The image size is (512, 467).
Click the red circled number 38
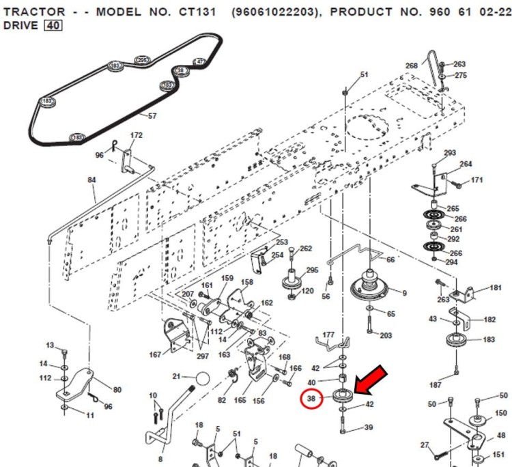coord(312,397)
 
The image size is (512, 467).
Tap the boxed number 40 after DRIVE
coord(52,26)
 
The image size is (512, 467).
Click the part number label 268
coord(411,66)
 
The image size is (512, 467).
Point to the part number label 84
coord(91,180)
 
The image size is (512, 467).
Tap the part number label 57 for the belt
coord(152,116)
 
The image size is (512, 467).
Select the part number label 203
coord(386,335)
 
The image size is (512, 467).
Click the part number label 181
coord(496,288)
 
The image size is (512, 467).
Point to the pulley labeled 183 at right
coord(455,341)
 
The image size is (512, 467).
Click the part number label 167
coord(155,354)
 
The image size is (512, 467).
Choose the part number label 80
coord(117,390)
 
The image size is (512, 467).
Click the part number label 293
coord(450,152)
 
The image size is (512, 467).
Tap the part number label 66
coord(390,260)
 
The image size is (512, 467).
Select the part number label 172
coord(137,135)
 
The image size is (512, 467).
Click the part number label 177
coord(328,335)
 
